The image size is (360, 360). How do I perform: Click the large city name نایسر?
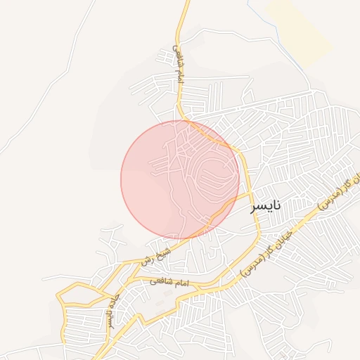pyautogui.click(x=266, y=205)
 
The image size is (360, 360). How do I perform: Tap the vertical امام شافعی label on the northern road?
pyautogui.click(x=179, y=65)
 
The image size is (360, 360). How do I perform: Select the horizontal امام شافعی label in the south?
pyautogui.click(x=171, y=282)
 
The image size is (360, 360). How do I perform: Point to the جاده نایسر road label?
pyautogui.click(x=111, y=310)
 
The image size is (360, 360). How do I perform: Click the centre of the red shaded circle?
pyautogui.click(x=180, y=179)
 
